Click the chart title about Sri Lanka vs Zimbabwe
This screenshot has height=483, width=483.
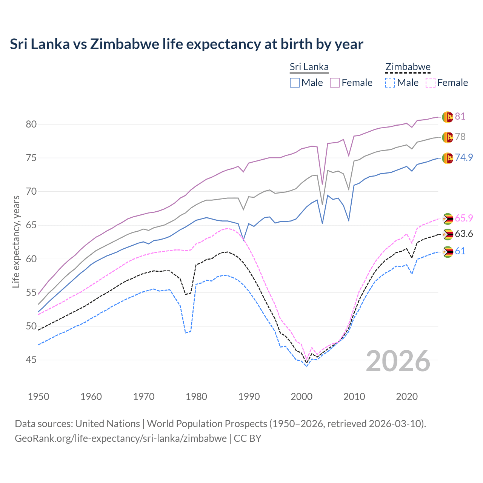tap(186, 44)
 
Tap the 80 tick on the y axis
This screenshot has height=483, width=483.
tap(31, 124)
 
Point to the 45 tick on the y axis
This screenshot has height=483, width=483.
tap(31, 360)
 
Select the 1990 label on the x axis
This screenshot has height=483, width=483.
tap(249, 397)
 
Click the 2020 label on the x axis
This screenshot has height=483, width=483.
tap(407, 397)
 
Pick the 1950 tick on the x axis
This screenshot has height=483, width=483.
tap(38, 397)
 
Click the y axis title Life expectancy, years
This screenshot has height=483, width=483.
tap(16, 241)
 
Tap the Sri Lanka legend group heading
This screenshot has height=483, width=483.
tap(309, 67)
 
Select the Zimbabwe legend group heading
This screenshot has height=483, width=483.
tap(408, 67)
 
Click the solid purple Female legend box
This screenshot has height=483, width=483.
tap(335, 83)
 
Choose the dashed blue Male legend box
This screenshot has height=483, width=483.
tap(390, 83)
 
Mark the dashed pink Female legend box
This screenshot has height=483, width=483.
tap(431, 83)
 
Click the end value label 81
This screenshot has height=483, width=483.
tap(460, 116)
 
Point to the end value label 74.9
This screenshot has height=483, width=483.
tap(464, 157)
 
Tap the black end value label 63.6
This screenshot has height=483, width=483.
tap(464, 234)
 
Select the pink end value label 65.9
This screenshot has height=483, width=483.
tap(464, 218)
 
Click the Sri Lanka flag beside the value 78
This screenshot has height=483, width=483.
tap(448, 137)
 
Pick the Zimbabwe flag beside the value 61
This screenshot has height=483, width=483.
tap(448, 252)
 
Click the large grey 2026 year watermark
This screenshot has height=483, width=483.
tap(398, 361)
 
